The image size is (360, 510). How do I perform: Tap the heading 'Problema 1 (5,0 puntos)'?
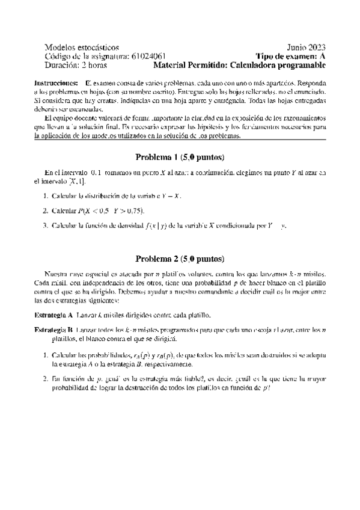pyautogui.click(x=180, y=158)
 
